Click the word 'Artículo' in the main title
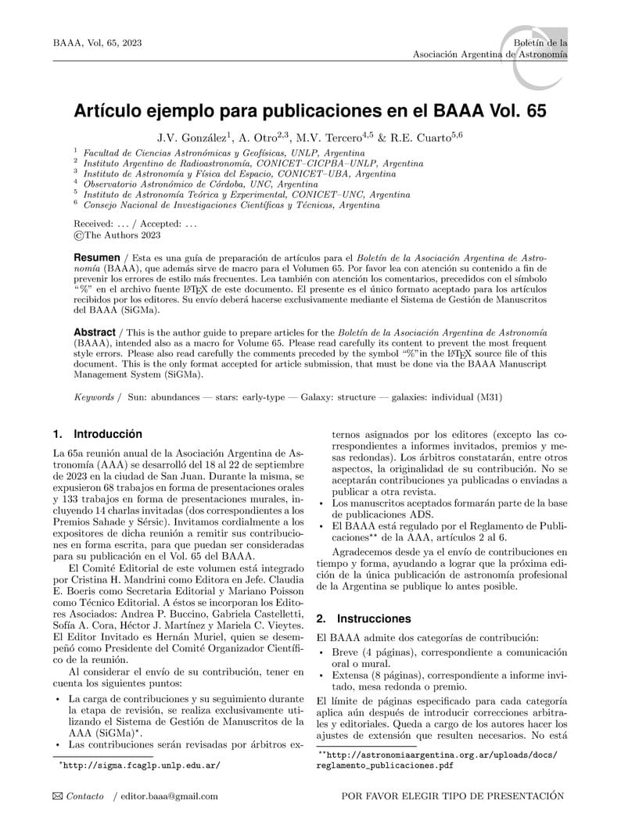(108, 110)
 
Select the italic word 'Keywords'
(94, 397)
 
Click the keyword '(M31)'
(490, 397)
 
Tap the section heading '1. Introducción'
(98, 433)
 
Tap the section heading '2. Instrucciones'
(364, 618)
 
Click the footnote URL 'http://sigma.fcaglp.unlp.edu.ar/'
(140, 765)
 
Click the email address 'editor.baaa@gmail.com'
(168, 797)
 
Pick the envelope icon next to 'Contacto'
(57, 797)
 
